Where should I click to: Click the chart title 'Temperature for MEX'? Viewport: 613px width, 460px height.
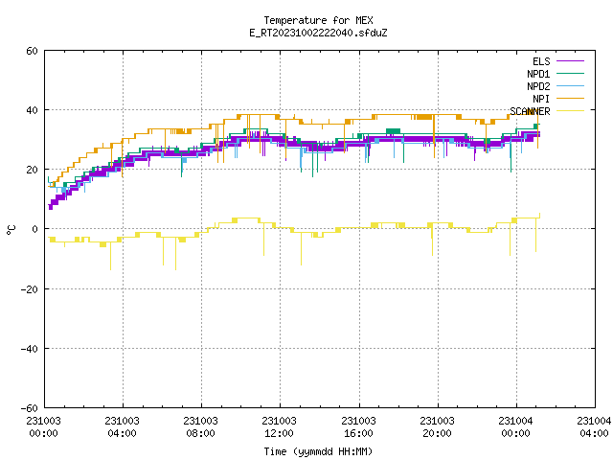(x=318, y=20)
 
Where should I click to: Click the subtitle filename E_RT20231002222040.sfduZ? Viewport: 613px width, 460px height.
(x=318, y=33)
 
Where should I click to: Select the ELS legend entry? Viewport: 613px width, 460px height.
(x=541, y=61)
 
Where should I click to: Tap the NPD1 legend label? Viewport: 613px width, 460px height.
(x=538, y=74)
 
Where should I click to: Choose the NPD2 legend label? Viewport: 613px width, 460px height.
(x=538, y=86)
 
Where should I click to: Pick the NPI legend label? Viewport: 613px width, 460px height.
(x=541, y=99)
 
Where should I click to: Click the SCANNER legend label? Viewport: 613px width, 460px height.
(x=530, y=111)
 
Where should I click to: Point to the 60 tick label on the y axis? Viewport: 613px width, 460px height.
(x=32, y=51)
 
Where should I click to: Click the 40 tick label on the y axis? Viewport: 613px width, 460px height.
(x=32, y=110)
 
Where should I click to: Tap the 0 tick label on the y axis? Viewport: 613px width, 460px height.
(x=34, y=229)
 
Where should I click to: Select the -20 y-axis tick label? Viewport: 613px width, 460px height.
(x=30, y=289)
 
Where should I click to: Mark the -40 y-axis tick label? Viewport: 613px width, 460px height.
(x=30, y=349)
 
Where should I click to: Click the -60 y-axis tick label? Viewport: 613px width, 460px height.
(x=30, y=408)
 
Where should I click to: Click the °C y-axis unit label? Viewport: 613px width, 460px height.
(x=11, y=230)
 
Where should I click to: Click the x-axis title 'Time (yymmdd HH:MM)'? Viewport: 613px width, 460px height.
(x=318, y=451)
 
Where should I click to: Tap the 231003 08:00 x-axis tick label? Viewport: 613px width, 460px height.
(x=200, y=427)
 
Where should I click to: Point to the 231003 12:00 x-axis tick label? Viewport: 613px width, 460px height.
(x=279, y=427)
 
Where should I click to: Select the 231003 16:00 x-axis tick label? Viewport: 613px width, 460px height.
(x=358, y=427)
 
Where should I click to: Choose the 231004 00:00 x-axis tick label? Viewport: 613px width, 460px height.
(x=515, y=427)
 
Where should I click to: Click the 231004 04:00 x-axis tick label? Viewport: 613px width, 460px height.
(x=594, y=427)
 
